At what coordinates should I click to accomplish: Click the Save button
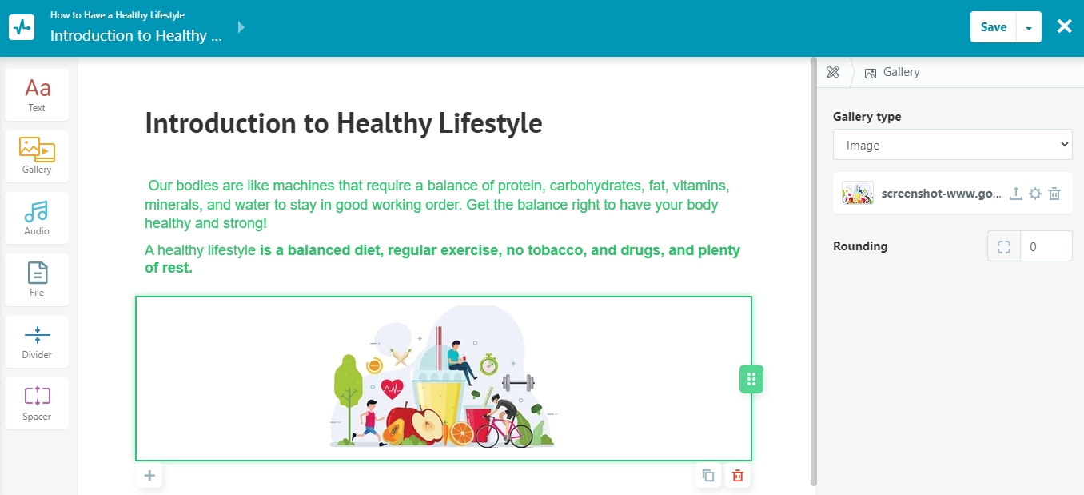click(994, 27)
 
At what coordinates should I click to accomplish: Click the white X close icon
click(1064, 26)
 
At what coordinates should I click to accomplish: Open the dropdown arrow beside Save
click(1029, 27)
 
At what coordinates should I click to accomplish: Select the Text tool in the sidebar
click(37, 95)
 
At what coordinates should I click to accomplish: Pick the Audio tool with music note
click(37, 218)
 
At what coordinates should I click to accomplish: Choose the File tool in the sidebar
click(37, 280)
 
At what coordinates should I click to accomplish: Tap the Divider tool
click(37, 341)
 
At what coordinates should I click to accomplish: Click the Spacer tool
click(37, 403)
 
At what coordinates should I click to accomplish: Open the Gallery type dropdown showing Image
click(952, 145)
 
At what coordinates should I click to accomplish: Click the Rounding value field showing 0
click(1046, 247)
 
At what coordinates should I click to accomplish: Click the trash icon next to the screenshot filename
click(1054, 194)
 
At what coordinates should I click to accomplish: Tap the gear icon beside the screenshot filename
click(1035, 194)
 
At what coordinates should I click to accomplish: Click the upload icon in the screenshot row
click(1016, 194)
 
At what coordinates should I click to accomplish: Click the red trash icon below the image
click(738, 476)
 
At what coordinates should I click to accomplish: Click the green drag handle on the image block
click(751, 379)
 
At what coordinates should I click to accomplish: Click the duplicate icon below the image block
click(708, 476)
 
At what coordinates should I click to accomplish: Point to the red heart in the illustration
click(392, 389)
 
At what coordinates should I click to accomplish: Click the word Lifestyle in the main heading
click(490, 123)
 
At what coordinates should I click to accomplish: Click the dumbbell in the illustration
click(518, 383)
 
